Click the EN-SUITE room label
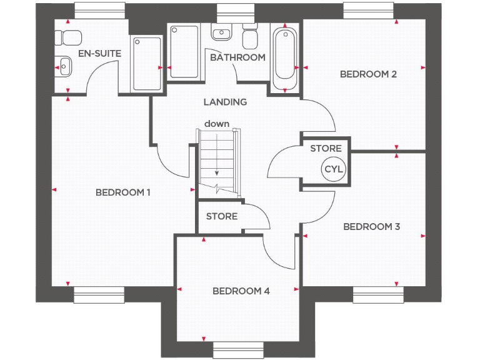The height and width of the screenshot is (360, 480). (100, 53)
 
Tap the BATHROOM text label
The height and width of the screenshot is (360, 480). (237, 57)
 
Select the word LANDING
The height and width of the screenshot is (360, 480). (225, 101)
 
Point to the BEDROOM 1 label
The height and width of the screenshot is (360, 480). (123, 192)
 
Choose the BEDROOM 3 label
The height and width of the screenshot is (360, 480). (371, 226)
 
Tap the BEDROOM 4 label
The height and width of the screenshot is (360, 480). (241, 291)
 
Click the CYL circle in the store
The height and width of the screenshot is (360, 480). (334, 169)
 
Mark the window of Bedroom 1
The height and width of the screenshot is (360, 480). (99, 295)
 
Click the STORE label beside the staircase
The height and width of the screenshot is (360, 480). (222, 216)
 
